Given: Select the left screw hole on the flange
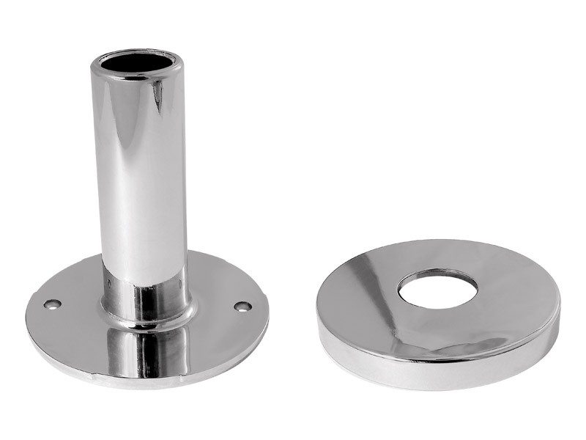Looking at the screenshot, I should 52,304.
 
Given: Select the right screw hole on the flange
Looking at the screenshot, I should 242,306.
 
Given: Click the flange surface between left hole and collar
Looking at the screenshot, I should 77,308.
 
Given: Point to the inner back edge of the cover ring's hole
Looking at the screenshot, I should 438,273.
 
